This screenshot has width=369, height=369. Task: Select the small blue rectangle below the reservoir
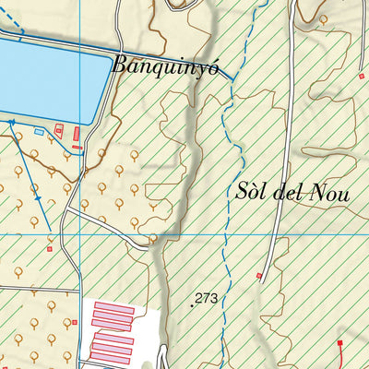click(39, 132)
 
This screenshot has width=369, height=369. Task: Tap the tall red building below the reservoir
click(76, 137)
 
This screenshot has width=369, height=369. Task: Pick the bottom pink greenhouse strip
click(111, 360)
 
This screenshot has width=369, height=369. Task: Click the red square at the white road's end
click(259, 275)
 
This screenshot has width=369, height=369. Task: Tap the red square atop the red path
click(339, 343)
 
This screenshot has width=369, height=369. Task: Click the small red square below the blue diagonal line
click(50, 247)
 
